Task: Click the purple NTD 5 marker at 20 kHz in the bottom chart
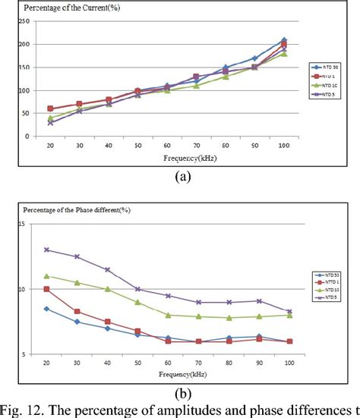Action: click(47, 250)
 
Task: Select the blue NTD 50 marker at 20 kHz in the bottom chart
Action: click(47, 309)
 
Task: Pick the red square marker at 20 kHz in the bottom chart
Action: click(47, 289)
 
